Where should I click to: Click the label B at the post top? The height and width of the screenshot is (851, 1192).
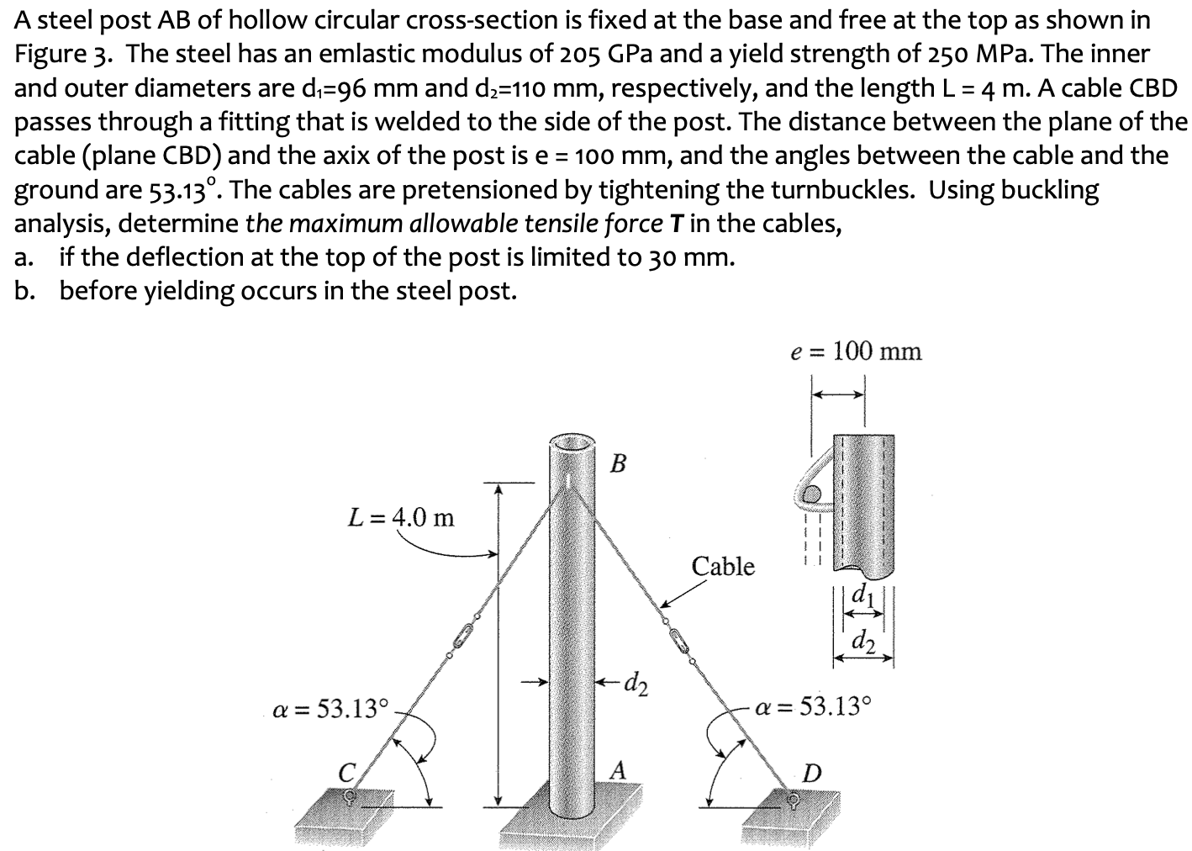[x=619, y=463]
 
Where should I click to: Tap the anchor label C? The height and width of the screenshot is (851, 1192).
[x=345, y=769]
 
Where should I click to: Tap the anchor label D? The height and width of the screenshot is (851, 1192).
[x=813, y=771]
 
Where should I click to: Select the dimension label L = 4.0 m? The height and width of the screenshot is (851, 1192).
[x=401, y=517]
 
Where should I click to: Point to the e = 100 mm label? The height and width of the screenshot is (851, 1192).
[x=856, y=351]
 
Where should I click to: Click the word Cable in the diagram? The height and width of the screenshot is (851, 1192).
[x=723, y=566]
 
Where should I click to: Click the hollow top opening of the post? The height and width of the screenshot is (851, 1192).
[x=572, y=444]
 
